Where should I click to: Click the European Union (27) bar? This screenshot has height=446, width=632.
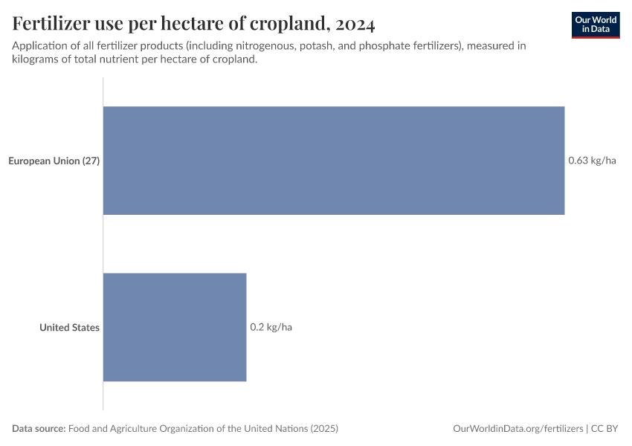(x=333, y=161)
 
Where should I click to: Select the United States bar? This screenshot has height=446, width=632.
(x=174, y=327)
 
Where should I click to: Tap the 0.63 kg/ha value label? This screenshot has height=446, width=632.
(x=592, y=161)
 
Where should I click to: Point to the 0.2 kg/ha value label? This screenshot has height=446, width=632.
(x=271, y=327)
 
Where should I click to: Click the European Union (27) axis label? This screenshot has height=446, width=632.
(x=54, y=161)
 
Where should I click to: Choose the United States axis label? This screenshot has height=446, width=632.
(x=69, y=327)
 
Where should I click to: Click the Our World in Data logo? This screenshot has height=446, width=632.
(x=596, y=25)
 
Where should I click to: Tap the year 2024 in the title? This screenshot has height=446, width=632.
(x=355, y=25)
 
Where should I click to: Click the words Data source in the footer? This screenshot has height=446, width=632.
(x=38, y=429)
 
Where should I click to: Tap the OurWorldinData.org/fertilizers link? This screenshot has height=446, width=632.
(x=517, y=429)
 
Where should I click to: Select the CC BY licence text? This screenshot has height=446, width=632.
(x=606, y=429)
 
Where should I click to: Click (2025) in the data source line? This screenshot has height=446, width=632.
(x=324, y=429)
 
